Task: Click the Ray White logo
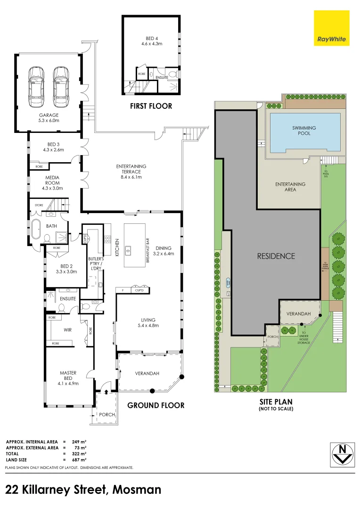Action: pos(332,28)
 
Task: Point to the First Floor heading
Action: pos(151,106)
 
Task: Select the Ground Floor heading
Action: pos(156,405)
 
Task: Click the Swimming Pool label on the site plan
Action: pos(304,131)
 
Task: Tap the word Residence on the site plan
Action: pos(276,256)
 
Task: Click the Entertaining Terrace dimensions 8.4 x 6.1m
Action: pos(131,177)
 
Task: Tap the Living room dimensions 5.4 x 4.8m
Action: pos(148,325)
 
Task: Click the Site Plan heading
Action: pos(276,402)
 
